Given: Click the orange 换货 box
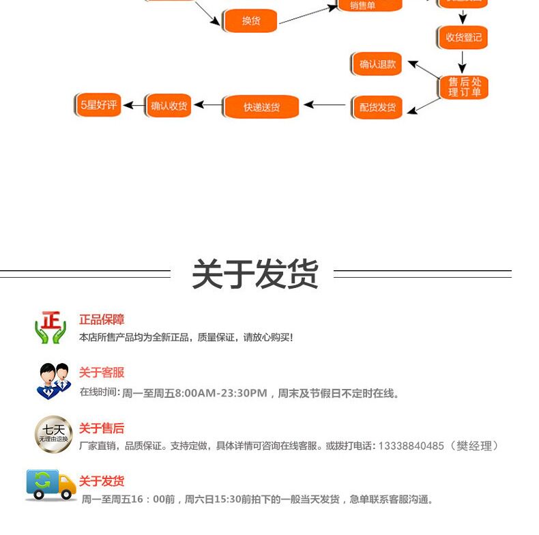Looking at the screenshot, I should click(250, 20).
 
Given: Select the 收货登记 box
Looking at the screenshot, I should click(463, 38).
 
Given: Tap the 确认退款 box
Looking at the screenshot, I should click(377, 64).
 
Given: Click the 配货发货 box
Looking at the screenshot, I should click(377, 107).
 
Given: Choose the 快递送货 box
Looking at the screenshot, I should click(261, 107).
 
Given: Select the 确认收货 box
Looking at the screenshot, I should click(169, 106).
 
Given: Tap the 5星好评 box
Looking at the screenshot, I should click(98, 105).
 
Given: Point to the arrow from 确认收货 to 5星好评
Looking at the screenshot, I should click(136, 105).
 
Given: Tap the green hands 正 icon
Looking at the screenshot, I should click(50, 328).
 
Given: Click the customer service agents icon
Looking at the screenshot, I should click(53, 381).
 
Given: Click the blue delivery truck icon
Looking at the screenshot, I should click(50, 485).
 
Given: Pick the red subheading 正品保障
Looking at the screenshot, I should click(102, 319).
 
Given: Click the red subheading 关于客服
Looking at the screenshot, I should click(102, 373).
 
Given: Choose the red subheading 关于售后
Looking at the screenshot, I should click(102, 429).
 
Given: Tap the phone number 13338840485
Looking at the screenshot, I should click(410, 446).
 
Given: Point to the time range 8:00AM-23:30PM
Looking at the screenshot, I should click(220, 393).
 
